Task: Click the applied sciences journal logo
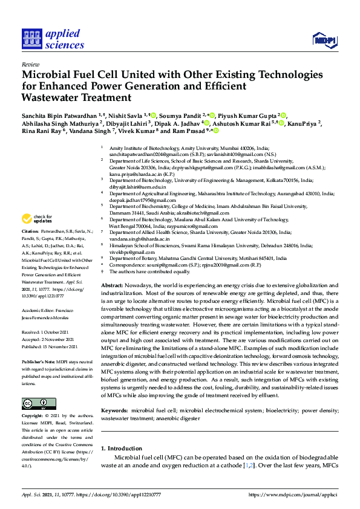53,39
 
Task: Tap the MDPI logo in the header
324,40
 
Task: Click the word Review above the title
30,63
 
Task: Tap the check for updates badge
38,219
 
